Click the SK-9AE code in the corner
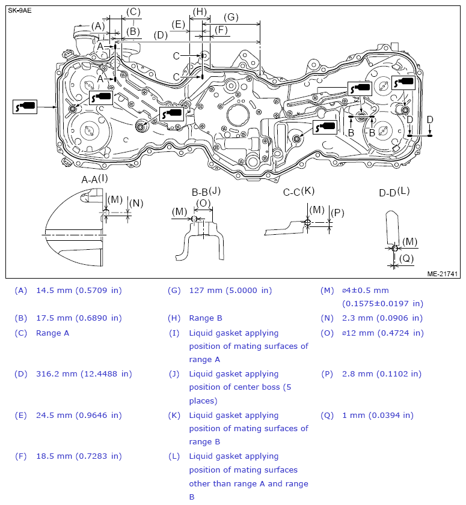[x=20, y=10]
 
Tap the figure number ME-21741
[x=443, y=273]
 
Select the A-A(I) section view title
[x=95, y=178]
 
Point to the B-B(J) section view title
[x=206, y=192]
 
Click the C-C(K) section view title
[x=299, y=191]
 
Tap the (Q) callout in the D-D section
[x=407, y=259]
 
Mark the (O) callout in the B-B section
[x=204, y=203]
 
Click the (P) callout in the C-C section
[x=337, y=213]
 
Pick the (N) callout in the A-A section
[x=136, y=203]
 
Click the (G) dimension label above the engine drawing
[x=231, y=17]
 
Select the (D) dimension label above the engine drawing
[x=161, y=35]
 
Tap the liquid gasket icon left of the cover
[x=25, y=107]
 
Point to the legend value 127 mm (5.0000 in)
[x=230, y=290]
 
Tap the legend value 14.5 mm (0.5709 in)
[x=79, y=290]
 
